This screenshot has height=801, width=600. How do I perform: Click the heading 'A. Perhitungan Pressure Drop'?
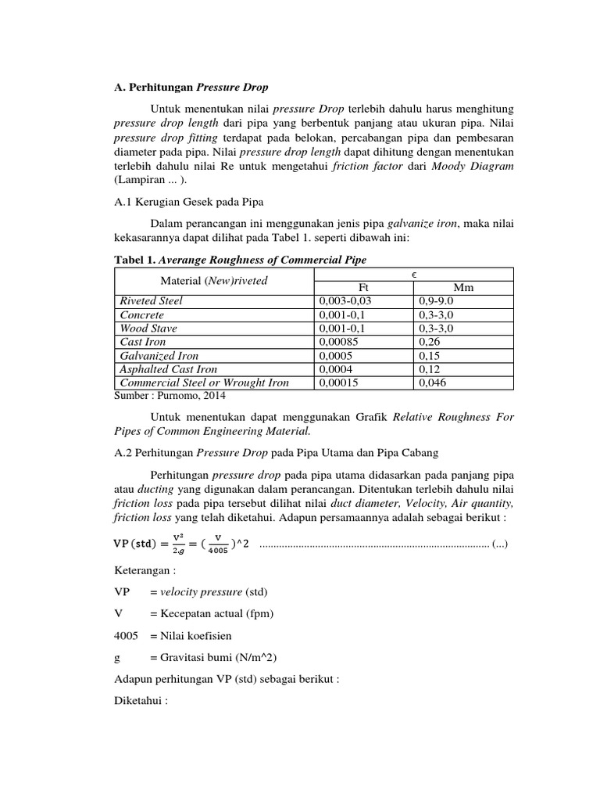(191, 87)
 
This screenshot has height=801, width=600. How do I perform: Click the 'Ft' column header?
(363, 287)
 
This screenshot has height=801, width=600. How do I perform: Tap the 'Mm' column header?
(464, 287)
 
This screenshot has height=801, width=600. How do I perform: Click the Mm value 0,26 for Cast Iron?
(429, 342)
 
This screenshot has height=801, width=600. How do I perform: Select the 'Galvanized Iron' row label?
(159, 355)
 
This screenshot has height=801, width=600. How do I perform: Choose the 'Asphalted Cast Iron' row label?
(168, 368)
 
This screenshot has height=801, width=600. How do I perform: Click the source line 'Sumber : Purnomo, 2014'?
(165, 397)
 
